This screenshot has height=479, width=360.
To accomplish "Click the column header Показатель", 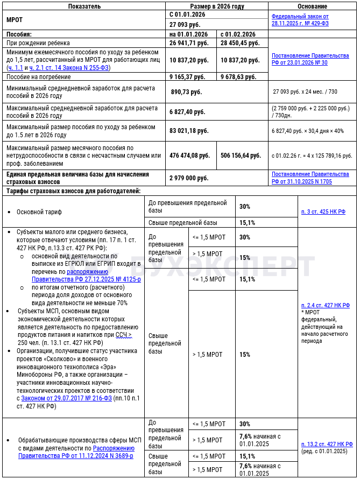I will click(x=84, y=6).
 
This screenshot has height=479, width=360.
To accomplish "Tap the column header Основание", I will click(x=312, y=6).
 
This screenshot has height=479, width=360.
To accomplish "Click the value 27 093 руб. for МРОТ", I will click(x=184, y=25).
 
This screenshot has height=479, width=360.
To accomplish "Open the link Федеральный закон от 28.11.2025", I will click(x=300, y=20).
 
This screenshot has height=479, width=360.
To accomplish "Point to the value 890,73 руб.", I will click(x=186, y=92).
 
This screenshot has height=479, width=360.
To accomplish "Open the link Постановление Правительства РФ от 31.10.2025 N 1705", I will click(x=310, y=178).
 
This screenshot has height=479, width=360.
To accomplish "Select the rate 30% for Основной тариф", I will click(x=245, y=206).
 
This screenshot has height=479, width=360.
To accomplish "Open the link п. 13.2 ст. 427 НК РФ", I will click(x=327, y=444).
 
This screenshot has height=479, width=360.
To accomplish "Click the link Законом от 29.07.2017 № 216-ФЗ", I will click(x=66, y=398).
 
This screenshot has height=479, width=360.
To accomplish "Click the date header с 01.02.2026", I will click(x=240, y=34).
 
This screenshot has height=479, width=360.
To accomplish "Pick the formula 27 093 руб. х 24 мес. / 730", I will click(x=305, y=92).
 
